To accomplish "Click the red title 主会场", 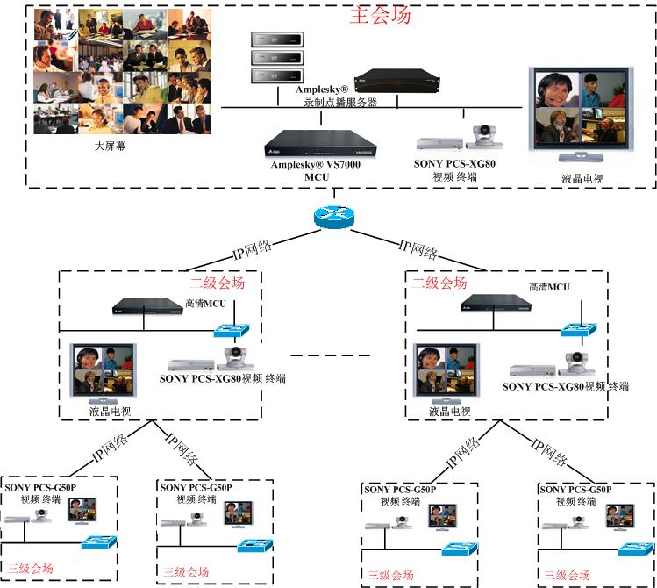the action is [380, 15].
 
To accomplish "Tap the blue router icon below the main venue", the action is [334, 218].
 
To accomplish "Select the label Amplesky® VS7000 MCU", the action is [316, 170].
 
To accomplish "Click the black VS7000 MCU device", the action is [321, 143].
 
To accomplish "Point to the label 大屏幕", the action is [111, 146].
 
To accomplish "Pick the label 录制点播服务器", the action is [340, 102].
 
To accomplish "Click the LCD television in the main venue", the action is [582, 114].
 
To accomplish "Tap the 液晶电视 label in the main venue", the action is [582, 179].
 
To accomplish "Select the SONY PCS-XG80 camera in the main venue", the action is [484, 137].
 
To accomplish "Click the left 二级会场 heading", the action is [218, 283].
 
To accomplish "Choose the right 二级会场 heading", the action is [439, 283].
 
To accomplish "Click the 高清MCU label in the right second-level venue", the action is [549, 287].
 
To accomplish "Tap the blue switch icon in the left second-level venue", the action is [232, 331].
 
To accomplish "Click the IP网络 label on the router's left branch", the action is [253, 250].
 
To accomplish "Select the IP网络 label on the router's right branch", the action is [418, 250].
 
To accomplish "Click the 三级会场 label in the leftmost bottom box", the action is [31, 569].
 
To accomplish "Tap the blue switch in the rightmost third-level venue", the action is [636, 549].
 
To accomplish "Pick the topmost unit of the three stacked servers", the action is [277, 39].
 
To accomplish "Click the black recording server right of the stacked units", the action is [396, 81].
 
